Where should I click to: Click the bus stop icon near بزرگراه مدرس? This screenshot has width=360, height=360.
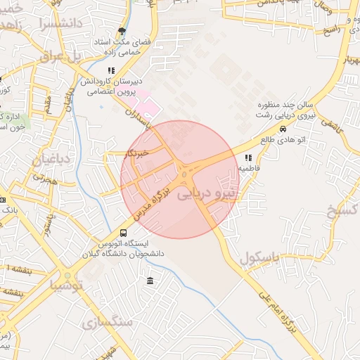point(124,233)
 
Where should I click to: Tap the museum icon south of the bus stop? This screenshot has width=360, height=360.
point(150,281)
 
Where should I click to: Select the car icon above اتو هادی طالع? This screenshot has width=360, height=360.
point(283,129)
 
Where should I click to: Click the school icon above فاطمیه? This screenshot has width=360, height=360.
point(248,158)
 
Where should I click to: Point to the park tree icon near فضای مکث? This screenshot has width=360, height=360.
point(123,31)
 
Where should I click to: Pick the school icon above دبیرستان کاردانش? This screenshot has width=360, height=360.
point(111,70)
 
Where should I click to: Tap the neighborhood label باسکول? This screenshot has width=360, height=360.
point(261,258)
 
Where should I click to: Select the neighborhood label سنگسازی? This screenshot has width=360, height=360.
point(107,323)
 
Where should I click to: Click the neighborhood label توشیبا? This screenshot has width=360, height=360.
point(66,285)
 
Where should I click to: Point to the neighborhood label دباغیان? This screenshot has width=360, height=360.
point(51,159)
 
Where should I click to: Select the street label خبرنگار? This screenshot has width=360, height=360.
point(133,152)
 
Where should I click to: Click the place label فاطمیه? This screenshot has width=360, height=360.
point(250,169)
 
